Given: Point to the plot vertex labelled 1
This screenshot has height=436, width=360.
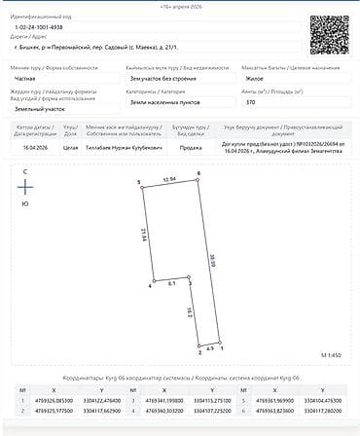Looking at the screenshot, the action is pyautogui.click(x=223, y=344).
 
